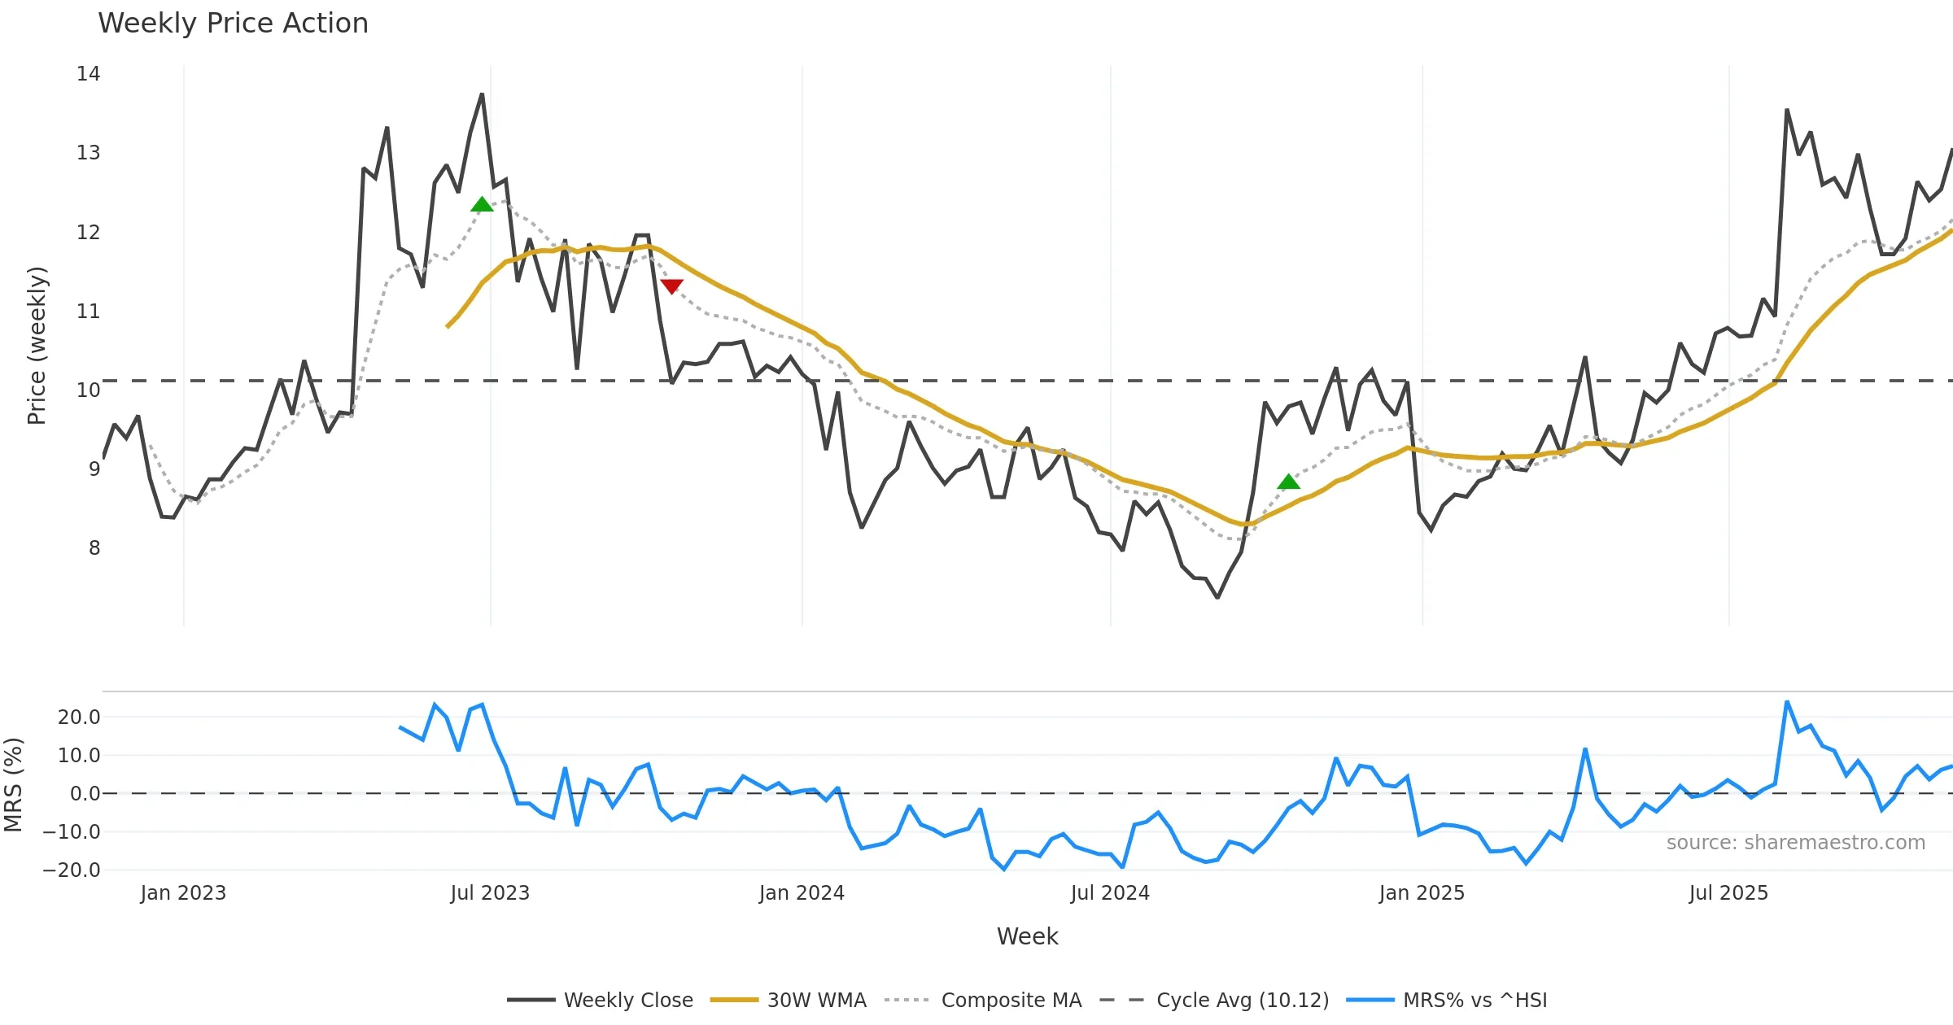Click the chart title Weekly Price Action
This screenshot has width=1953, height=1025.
click(x=233, y=24)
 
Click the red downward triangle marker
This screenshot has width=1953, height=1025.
click(x=671, y=286)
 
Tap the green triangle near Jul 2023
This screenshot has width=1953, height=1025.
click(x=482, y=204)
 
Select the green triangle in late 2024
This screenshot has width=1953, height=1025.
click(x=1288, y=482)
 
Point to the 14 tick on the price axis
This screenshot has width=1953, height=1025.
click(x=88, y=74)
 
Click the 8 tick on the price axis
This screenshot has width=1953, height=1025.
click(x=94, y=548)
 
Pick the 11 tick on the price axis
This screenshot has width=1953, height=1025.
click(x=88, y=312)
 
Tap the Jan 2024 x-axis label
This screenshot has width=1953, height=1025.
click(x=802, y=893)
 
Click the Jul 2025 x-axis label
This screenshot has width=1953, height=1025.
click(x=1728, y=893)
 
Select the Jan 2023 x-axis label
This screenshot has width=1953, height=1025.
click(x=183, y=893)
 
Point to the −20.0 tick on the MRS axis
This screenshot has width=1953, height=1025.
click(x=72, y=870)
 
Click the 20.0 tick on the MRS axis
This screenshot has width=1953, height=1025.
click(x=79, y=717)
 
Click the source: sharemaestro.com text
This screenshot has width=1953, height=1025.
click(x=1795, y=843)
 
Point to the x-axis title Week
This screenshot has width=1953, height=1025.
click(x=1027, y=937)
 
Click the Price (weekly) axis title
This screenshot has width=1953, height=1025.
click(x=37, y=346)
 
